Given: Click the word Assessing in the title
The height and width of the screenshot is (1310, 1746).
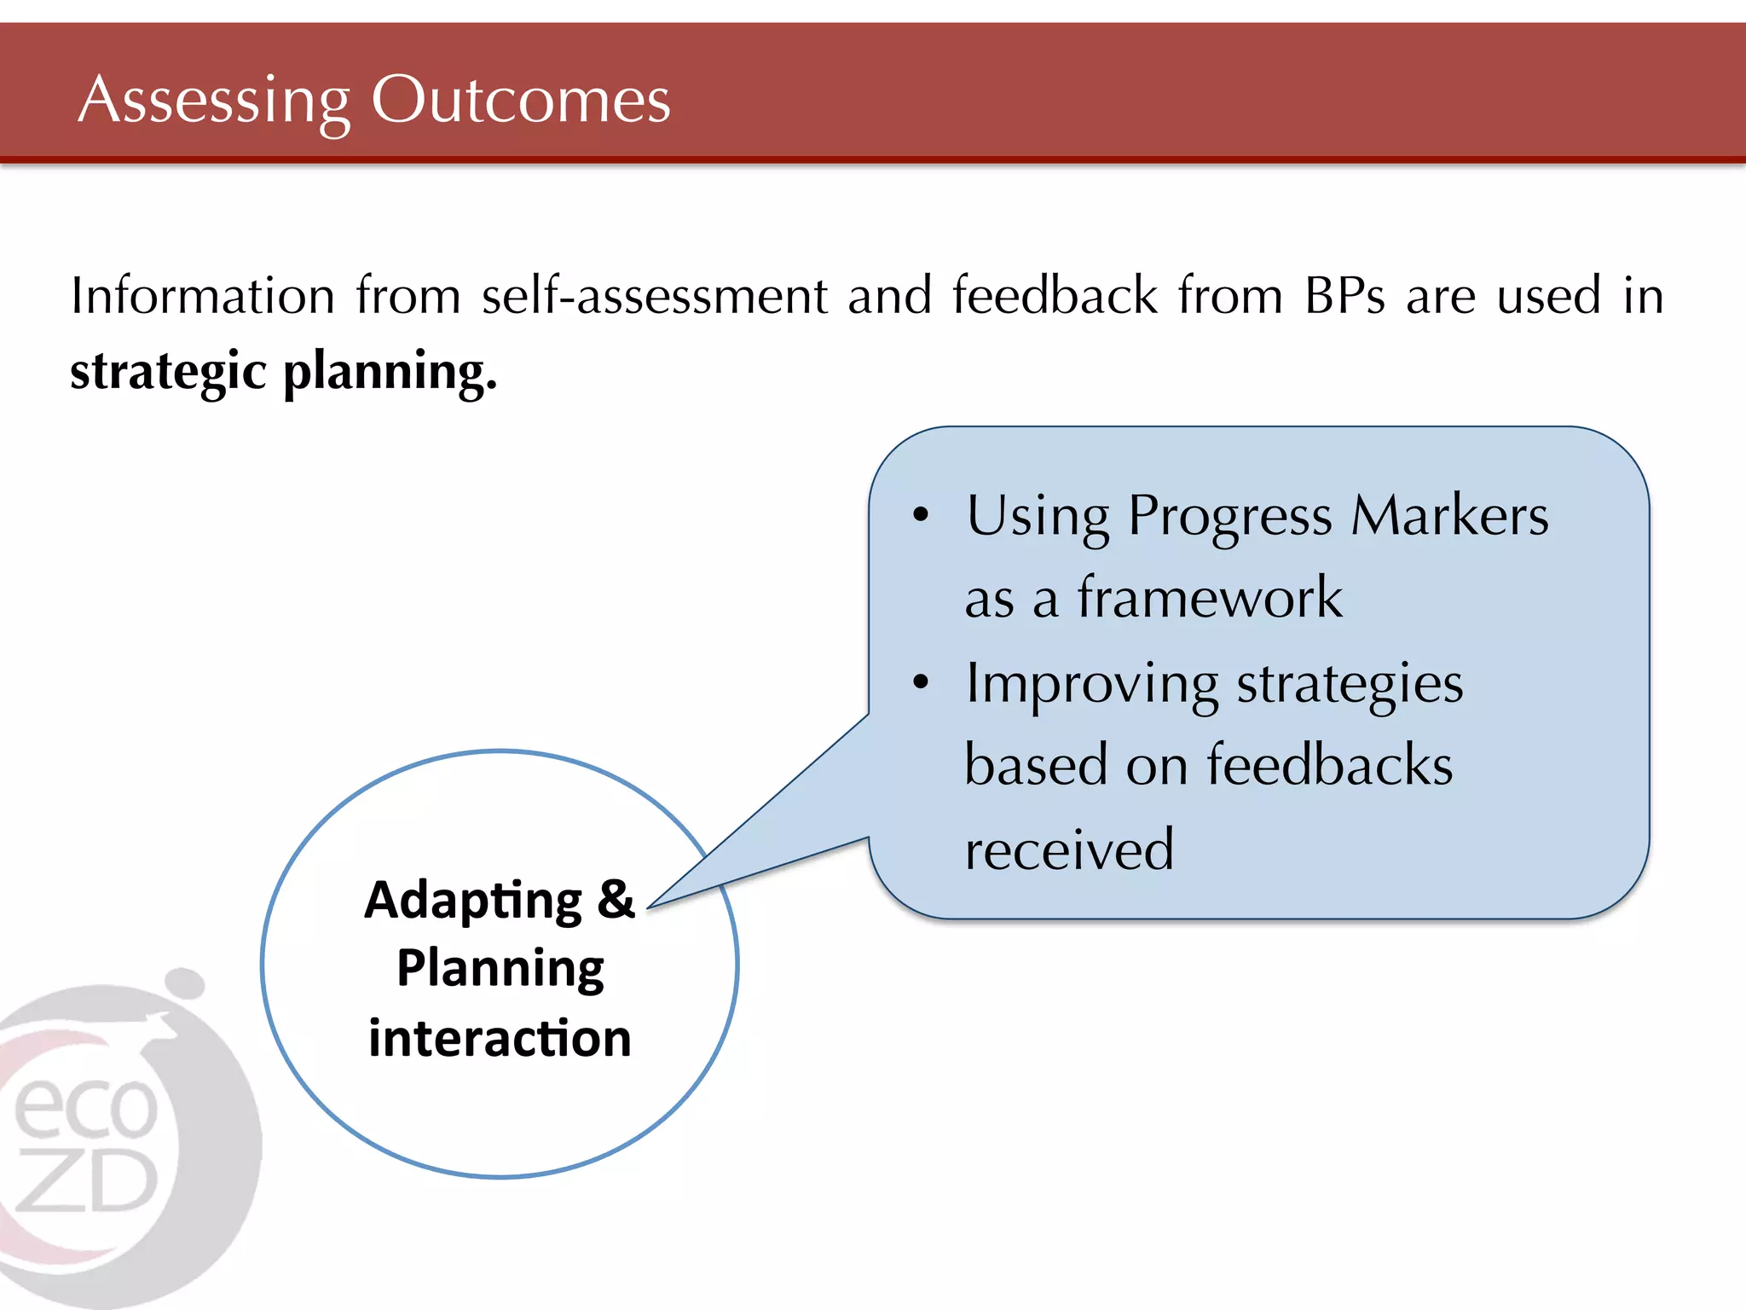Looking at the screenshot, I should (x=213, y=101).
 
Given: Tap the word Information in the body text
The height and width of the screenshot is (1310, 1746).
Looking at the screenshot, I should (x=203, y=296).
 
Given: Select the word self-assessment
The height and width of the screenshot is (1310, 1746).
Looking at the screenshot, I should (x=654, y=296).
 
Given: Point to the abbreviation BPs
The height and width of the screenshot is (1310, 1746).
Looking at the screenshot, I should (x=1344, y=296).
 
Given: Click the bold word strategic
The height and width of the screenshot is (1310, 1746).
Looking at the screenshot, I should (x=168, y=373).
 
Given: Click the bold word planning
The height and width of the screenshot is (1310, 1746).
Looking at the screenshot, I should (x=390, y=373).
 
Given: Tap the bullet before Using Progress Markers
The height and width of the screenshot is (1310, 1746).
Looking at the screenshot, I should (x=920, y=515).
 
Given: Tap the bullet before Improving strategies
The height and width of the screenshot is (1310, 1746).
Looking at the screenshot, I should (x=920, y=682).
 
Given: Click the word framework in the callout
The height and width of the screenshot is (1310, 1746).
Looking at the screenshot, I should (x=1209, y=597).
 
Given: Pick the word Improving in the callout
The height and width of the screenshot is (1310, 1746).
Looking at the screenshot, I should (x=1091, y=684).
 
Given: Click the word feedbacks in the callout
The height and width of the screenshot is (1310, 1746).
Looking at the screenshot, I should (x=1329, y=765).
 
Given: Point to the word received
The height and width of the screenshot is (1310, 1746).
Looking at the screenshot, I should (x=1069, y=849).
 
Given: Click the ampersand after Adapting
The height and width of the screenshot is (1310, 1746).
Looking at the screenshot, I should (x=616, y=900).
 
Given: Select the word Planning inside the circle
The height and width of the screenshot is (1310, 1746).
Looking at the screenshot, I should (x=500, y=969).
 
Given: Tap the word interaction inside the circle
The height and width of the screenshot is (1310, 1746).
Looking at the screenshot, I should (x=500, y=1038).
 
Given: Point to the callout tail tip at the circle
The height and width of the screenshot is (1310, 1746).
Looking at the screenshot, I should (x=650, y=908).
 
